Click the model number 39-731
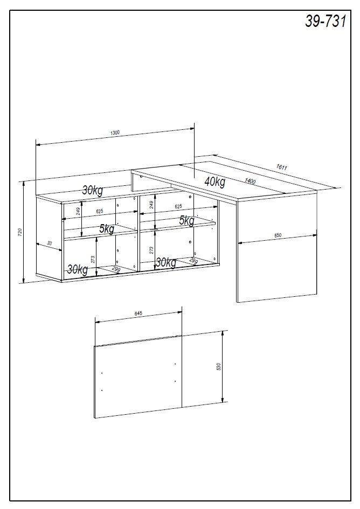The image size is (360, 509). pos(325,21)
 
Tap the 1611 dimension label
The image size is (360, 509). pos(281,167)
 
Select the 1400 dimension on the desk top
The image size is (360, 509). pos(250,181)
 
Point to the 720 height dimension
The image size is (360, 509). pos(20,232)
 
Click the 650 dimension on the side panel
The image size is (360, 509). pos(278,235)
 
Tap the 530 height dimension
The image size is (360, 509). pos(218,367)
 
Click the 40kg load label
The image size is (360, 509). pos(214,182)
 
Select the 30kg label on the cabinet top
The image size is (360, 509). pos(93,190)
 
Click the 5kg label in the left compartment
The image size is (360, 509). pos(107,229)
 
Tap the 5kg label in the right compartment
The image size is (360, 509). pos(186,220)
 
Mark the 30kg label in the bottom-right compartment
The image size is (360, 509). pos(166,262)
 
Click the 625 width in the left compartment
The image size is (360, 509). pos(100,211)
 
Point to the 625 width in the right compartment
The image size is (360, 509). pos(178,206)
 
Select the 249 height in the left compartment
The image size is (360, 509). pos(79,211)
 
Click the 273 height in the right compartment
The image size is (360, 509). pos(152,250)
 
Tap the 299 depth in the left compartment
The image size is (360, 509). pos(116,268)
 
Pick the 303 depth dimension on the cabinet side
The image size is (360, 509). pos(50,243)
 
